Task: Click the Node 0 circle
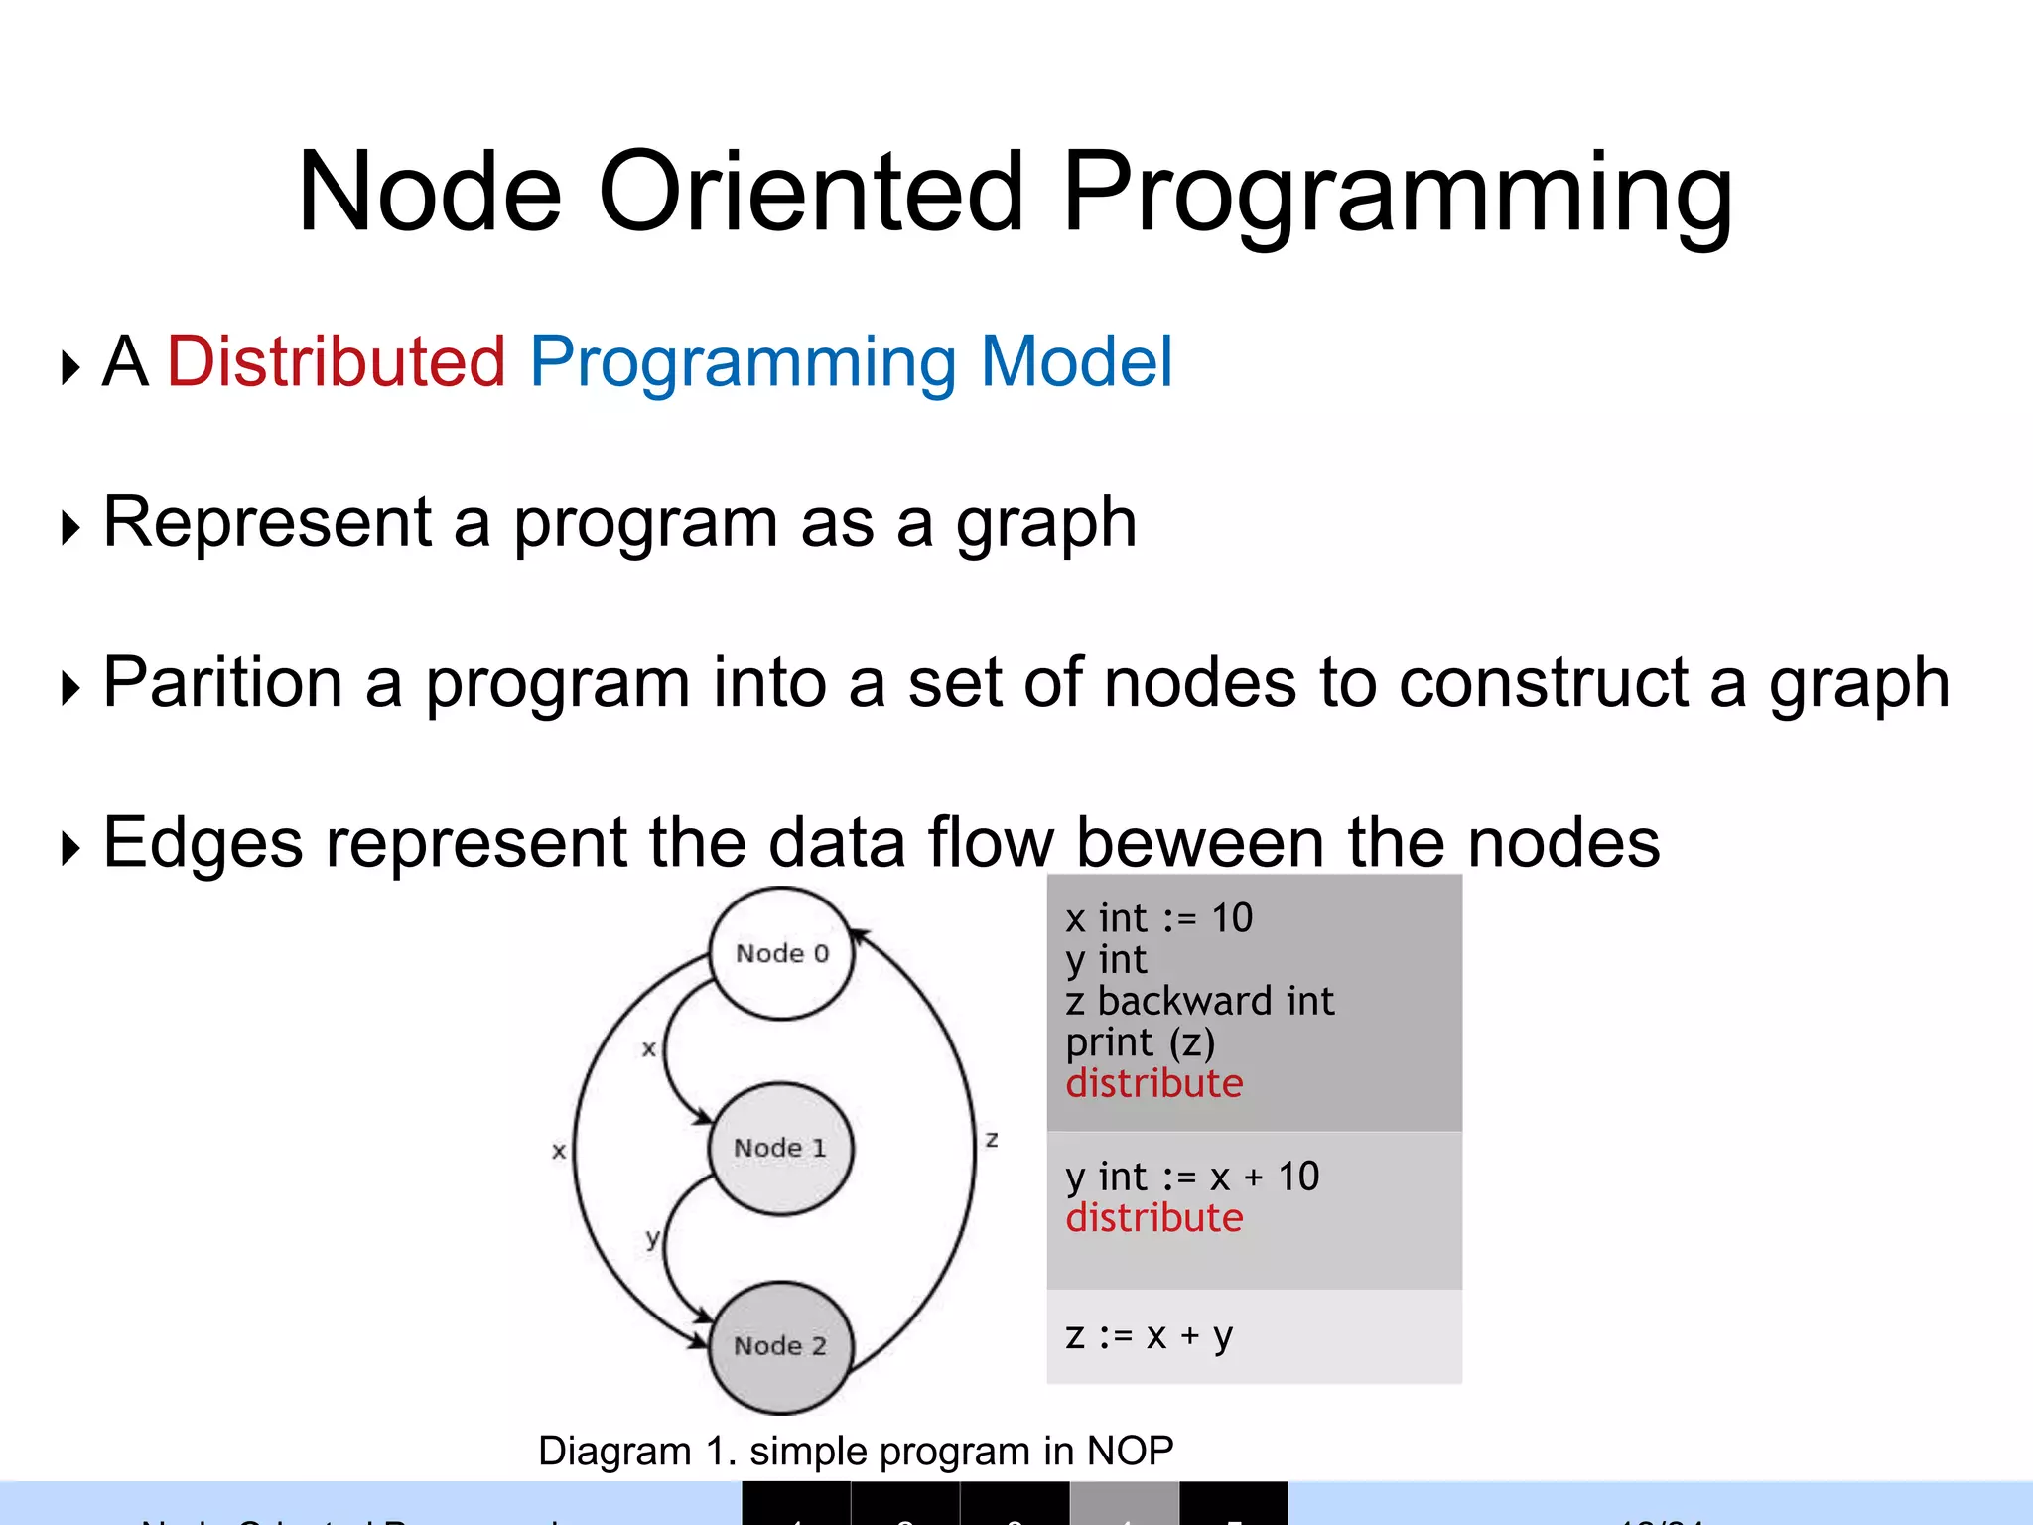pos(781,953)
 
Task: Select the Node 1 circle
pos(780,1148)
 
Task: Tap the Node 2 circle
pos(780,1346)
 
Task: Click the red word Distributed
pos(337,361)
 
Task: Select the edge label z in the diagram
pos(992,1139)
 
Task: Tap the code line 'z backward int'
pos(1199,1001)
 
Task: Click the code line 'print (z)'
pos(1140,1042)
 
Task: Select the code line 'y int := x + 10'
pos(1191,1178)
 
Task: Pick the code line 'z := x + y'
pos(1149,1335)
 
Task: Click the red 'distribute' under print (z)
pos(1153,1083)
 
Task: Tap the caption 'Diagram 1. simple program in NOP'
pos(856,1451)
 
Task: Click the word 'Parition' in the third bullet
pos(222,683)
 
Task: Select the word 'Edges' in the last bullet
pos(203,843)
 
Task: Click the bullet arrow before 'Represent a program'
pos(69,527)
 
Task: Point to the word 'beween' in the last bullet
pos(1200,843)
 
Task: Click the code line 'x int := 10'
pos(1158,918)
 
